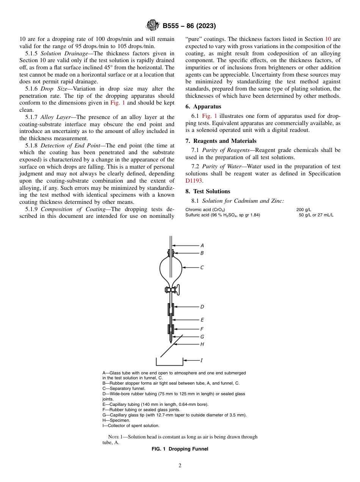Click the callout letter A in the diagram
pos(202,245)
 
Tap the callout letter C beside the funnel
pos(202,268)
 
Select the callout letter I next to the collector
pos(202,360)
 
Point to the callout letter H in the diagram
pos(202,344)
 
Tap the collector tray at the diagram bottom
pos(169,363)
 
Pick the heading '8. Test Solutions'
pos(208,191)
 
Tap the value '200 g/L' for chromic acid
pos(304,209)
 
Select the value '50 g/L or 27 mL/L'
pos(316,215)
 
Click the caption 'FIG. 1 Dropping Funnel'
pos(180,449)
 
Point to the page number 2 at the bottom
pos(180,466)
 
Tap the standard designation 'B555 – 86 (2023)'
pos(189,26)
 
